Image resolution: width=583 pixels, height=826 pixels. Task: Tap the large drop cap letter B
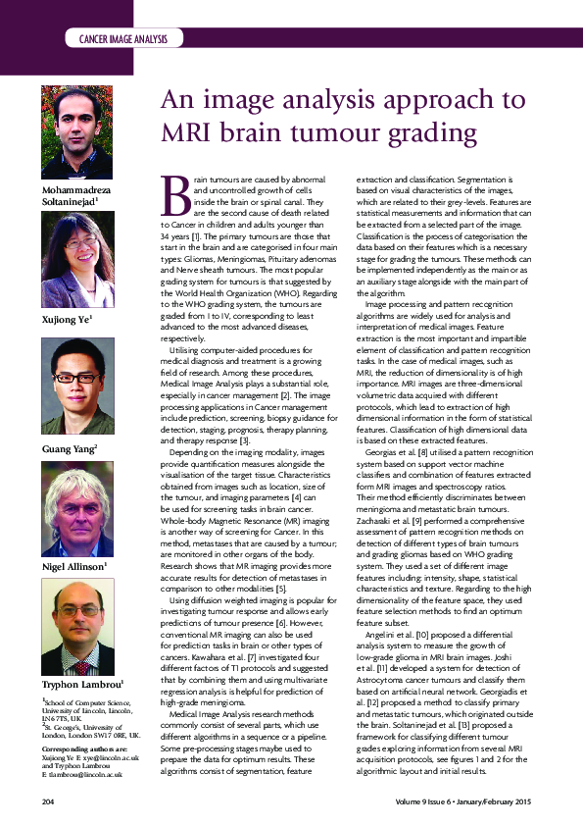coord(173,195)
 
